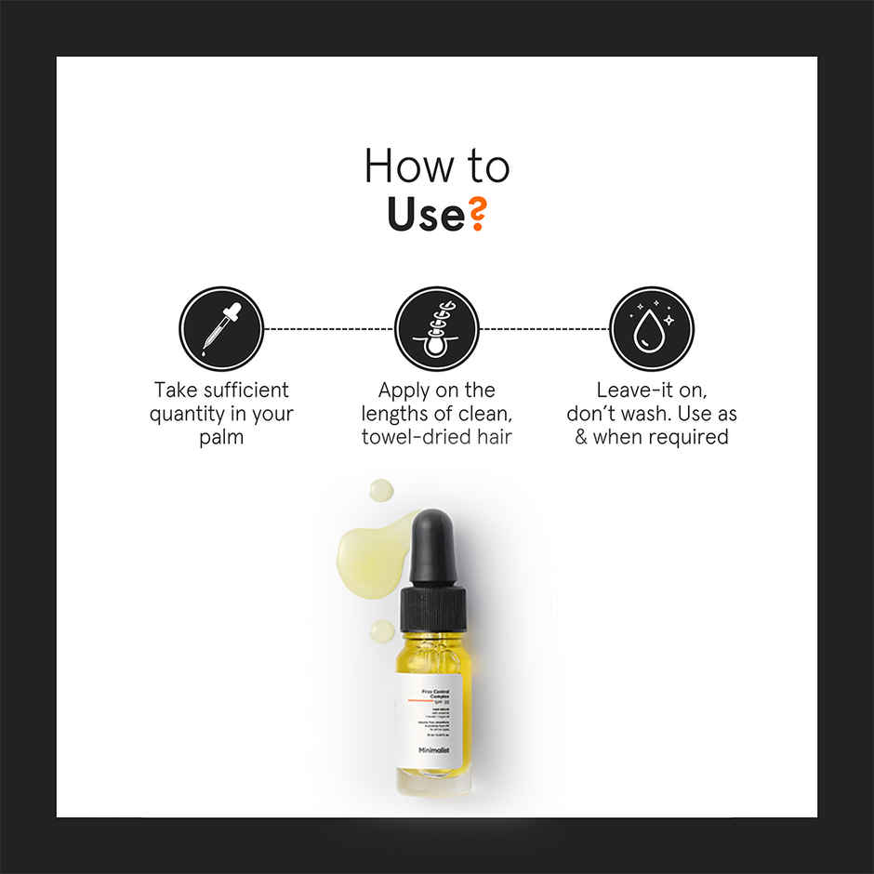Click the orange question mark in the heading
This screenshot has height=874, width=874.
coord(475,214)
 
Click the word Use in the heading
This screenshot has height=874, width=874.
coord(426,214)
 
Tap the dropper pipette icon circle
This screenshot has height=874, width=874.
coord(221,328)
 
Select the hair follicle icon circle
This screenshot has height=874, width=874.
coord(437,328)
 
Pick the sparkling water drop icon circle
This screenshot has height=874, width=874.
coord(652,328)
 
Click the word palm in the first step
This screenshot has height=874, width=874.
coord(221,437)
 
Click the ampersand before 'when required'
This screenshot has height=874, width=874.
coord(581,437)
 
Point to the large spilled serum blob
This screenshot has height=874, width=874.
coord(371,552)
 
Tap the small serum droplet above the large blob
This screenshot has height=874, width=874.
coord(380,489)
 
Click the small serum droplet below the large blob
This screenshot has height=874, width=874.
coord(382,631)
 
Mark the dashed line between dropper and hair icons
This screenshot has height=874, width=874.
coord(329,328)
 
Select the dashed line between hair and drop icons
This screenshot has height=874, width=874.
coord(544,328)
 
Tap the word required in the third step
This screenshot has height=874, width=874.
coord(687,437)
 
